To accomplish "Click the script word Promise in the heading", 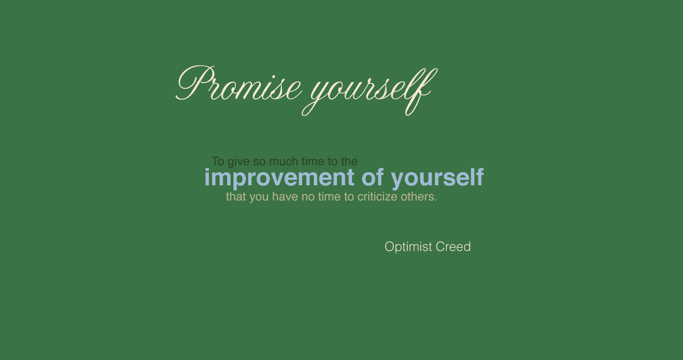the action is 239,83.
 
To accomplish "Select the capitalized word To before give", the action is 218,161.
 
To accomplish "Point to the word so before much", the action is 259,162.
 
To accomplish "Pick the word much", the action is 283,161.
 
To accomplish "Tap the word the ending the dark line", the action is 349,161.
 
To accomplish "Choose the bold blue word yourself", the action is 437,178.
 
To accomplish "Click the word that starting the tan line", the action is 236,196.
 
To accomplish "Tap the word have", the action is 285,196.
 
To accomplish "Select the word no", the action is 308,197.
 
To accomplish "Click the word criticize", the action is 378,196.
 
